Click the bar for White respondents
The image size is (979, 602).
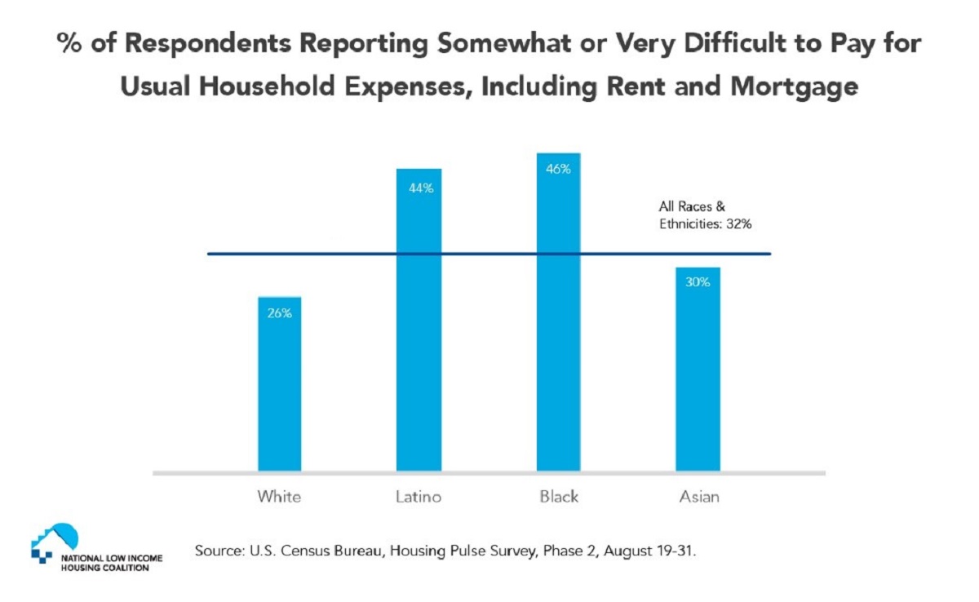279,383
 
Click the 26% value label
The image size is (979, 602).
279,312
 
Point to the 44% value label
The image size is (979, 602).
419,188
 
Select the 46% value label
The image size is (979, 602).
558,170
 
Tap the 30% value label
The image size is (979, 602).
698,282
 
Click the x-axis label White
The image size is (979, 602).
279,496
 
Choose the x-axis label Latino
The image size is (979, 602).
419,496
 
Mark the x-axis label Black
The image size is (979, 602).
558,496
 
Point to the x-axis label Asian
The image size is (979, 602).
699,496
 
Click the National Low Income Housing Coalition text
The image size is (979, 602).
111,563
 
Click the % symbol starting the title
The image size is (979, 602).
69,44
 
